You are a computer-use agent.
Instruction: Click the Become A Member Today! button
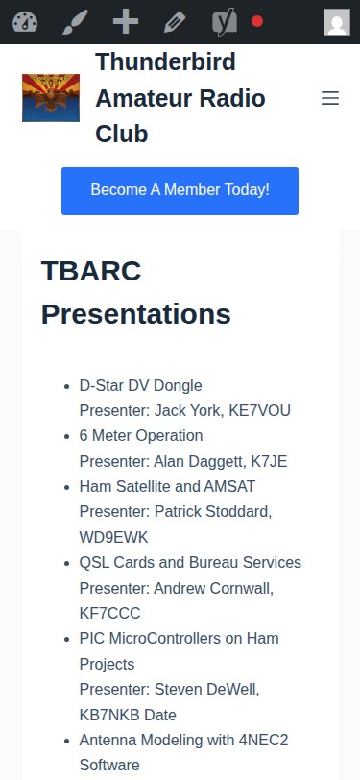(180, 190)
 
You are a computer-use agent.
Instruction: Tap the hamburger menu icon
(330, 98)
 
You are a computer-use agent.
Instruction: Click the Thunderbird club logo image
(51, 98)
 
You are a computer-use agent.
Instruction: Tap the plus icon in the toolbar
(125, 21)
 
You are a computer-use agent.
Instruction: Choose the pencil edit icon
(175, 21)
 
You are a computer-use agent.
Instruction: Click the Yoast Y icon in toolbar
(225, 21)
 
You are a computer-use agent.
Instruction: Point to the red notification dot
(257, 21)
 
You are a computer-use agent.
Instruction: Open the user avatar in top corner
(336, 22)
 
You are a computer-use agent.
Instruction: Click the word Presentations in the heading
(135, 314)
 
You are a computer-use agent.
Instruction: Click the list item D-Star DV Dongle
(140, 386)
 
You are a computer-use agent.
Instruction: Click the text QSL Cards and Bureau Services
(190, 562)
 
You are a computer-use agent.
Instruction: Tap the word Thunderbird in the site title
(165, 63)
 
